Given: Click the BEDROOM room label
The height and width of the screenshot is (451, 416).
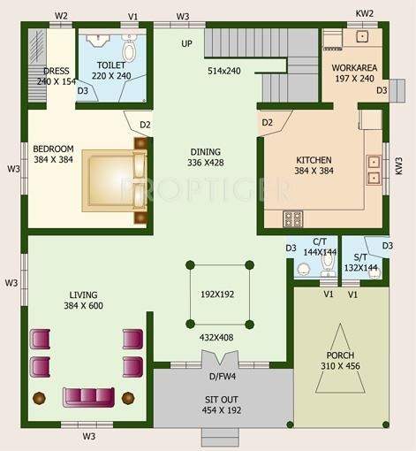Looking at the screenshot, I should point(53,149).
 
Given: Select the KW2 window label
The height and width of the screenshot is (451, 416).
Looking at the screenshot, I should point(365,15).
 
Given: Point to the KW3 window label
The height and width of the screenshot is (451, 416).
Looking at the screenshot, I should point(399,165).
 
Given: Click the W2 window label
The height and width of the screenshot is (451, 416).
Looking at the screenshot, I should point(62,16).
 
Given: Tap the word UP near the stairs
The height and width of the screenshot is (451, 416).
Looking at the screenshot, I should point(186,43).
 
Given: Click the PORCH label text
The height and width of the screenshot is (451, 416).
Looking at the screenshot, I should point(339,355).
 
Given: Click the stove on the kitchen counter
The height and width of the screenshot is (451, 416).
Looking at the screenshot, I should point(292,218).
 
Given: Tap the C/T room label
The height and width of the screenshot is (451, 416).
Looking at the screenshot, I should point(321,241).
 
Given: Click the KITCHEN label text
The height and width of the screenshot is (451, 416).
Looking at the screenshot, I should point(314,160).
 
